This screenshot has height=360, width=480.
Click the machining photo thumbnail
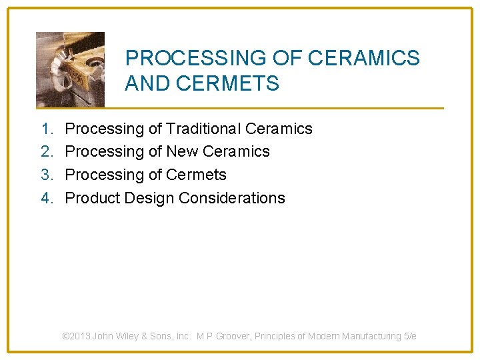point(70,69)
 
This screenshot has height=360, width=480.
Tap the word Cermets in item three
point(197,175)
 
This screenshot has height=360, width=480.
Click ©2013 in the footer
point(76,337)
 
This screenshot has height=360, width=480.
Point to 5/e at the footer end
point(409,337)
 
